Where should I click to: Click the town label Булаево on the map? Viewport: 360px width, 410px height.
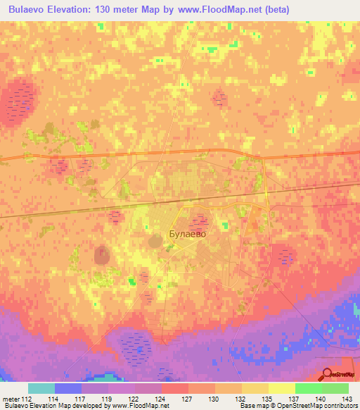point(188,235)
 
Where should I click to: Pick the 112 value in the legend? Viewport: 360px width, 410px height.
point(27,399)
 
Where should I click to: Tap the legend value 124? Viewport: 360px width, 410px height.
point(148,399)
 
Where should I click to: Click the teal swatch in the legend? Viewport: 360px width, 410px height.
point(41,388)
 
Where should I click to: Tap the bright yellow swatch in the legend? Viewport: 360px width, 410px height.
point(281,388)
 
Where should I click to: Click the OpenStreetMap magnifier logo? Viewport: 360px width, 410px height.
point(328,373)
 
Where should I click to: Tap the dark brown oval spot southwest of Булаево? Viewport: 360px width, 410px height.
point(103,254)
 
